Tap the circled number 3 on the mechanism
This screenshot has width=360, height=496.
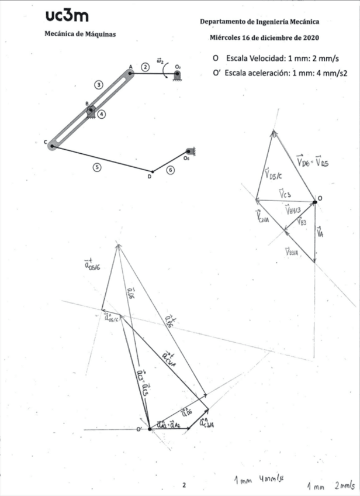[x=99, y=85]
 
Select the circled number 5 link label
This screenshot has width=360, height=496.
[x=97, y=167]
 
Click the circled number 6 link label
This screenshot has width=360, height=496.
[x=170, y=170]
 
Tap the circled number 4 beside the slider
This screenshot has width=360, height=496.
[x=102, y=115]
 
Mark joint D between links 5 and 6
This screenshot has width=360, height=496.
[x=153, y=171]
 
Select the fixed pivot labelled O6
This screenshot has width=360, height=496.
[x=188, y=151]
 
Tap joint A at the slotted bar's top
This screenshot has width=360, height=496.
[x=130, y=73]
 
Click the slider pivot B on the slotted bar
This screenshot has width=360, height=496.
[x=91, y=109]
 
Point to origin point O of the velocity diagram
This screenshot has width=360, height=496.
[x=314, y=202]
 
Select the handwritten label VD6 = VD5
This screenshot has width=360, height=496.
[x=311, y=160]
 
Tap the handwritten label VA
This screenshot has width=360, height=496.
[x=320, y=232]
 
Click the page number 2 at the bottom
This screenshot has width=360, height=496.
[x=184, y=485]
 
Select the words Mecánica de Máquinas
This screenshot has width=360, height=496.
[x=80, y=34]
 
